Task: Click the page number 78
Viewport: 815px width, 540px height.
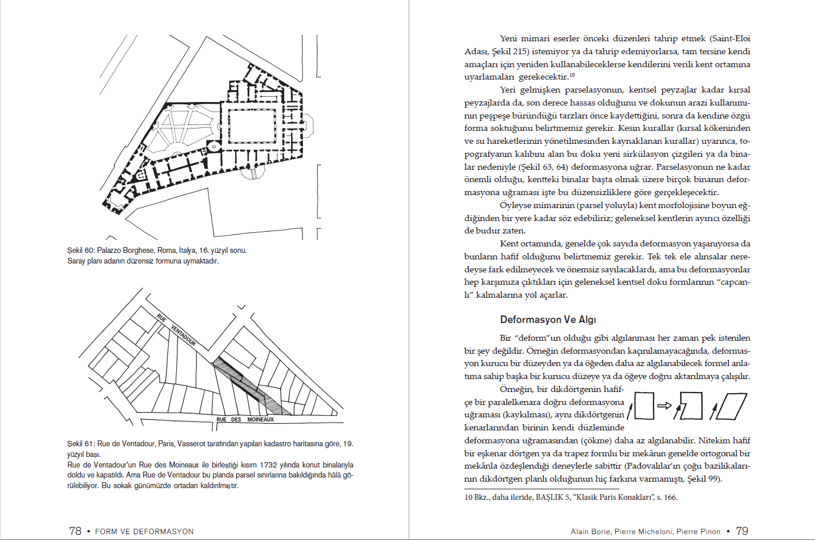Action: tap(75, 531)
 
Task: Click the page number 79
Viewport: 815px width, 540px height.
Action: tap(742, 531)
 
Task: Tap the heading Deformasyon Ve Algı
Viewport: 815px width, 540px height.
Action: tap(547, 320)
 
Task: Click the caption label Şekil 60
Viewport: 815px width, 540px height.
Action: tap(81, 250)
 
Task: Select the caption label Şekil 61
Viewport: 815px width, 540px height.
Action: tap(81, 443)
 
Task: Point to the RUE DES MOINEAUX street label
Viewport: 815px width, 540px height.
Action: tap(245, 420)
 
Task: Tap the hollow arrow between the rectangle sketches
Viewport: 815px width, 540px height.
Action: tap(664, 406)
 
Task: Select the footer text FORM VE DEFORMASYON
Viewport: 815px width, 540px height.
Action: tap(144, 531)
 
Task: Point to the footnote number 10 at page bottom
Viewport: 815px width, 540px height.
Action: tap(468, 497)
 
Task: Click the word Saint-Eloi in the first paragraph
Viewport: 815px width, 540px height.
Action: tap(730, 38)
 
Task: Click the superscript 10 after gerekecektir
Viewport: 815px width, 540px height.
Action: tap(572, 75)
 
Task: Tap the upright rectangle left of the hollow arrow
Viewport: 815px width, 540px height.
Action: tap(644, 406)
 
